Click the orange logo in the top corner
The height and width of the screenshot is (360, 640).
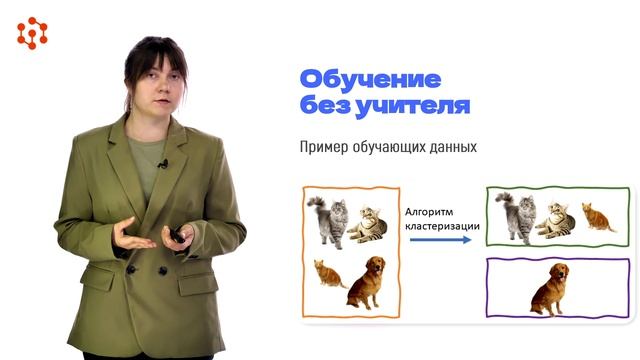point(32,34)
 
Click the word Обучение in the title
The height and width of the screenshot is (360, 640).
point(356,80)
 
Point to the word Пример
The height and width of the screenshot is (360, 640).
point(323,147)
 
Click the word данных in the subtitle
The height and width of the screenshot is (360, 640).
point(447,147)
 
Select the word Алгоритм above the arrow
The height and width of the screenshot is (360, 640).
point(431,211)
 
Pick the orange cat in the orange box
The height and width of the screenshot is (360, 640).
point(328,273)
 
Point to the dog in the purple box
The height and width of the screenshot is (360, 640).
point(549,289)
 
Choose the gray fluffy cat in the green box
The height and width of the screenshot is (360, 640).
point(515,217)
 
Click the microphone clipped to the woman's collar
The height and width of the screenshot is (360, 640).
point(161,163)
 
